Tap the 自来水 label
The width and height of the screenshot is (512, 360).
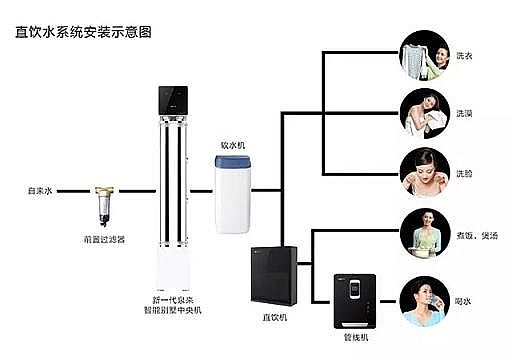point(41,189)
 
